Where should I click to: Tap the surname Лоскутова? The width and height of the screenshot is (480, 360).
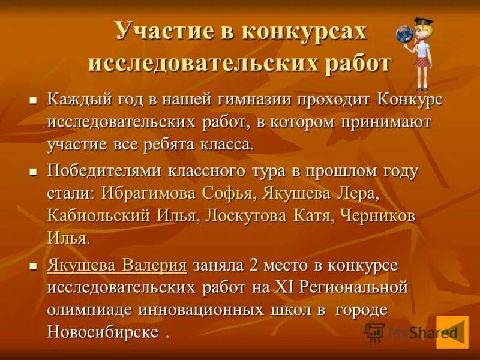pyautogui.click(x=245, y=215)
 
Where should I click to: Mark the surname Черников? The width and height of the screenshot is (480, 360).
pyautogui.click(x=378, y=215)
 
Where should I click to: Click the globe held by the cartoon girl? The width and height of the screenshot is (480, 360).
pyautogui.click(x=404, y=34)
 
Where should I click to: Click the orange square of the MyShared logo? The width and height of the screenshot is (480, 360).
pyautogui.click(x=452, y=331)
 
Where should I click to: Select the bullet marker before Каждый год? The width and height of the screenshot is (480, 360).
pyautogui.click(x=34, y=101)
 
